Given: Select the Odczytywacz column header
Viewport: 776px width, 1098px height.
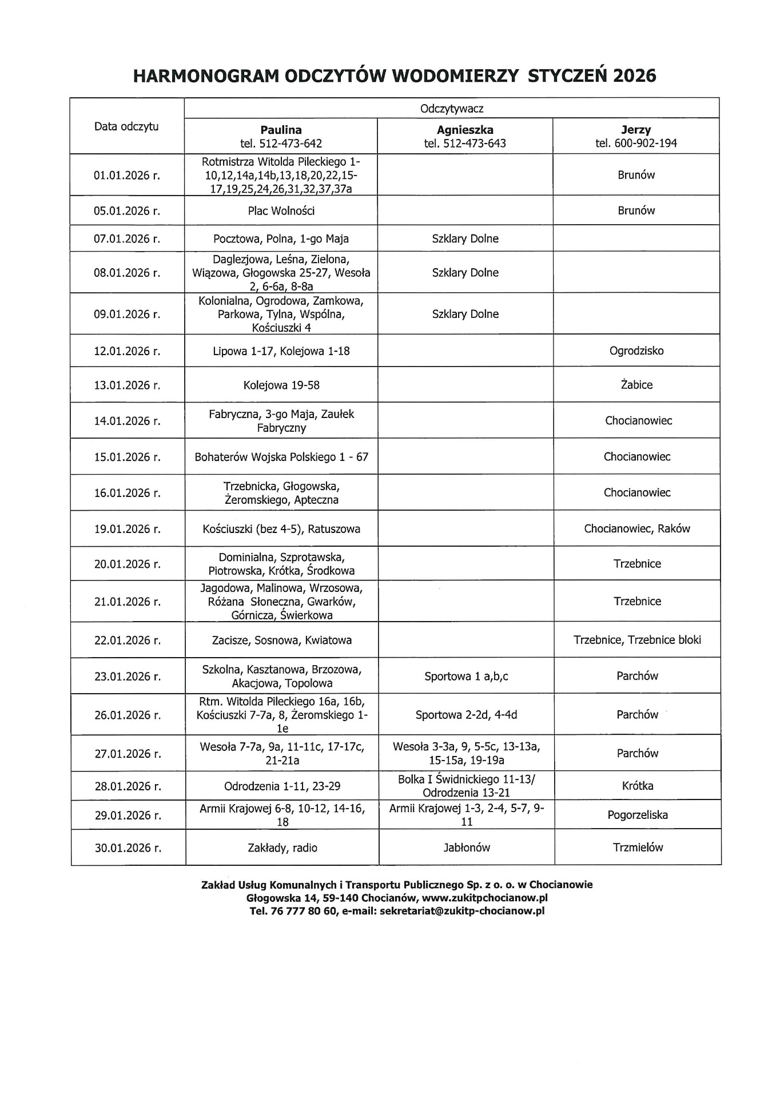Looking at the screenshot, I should pyautogui.click(x=452, y=109).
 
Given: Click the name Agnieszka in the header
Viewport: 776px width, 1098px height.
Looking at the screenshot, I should pyautogui.click(x=465, y=130).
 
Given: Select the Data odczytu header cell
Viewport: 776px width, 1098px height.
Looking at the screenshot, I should pyautogui.click(x=126, y=126).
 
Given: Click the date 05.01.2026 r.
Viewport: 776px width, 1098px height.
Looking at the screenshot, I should pyautogui.click(x=127, y=211).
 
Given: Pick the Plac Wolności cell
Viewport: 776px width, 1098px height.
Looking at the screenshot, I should pyautogui.click(x=281, y=211).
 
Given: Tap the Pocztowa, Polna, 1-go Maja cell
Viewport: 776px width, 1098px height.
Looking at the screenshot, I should pyautogui.click(x=281, y=238).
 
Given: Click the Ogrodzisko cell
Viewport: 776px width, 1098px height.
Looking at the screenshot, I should pyautogui.click(x=636, y=351).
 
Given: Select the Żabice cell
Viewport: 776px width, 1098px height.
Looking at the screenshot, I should pyautogui.click(x=636, y=385).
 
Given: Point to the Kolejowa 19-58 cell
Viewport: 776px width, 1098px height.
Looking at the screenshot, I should pyautogui.click(x=281, y=385).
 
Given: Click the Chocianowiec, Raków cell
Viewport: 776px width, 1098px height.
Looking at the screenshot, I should pyautogui.click(x=636, y=528).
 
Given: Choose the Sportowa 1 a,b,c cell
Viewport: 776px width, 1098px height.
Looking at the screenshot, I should pyautogui.click(x=466, y=677).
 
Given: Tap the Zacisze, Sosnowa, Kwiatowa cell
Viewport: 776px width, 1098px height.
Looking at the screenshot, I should pyautogui.click(x=281, y=640).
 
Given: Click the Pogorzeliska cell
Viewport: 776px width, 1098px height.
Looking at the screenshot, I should pyautogui.click(x=637, y=815).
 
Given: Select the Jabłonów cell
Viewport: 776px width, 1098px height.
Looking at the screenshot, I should pyautogui.click(x=467, y=848).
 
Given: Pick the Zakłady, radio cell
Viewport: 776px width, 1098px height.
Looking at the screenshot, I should pyautogui.click(x=282, y=848).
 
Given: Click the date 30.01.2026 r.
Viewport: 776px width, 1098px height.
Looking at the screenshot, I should pyautogui.click(x=128, y=848).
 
